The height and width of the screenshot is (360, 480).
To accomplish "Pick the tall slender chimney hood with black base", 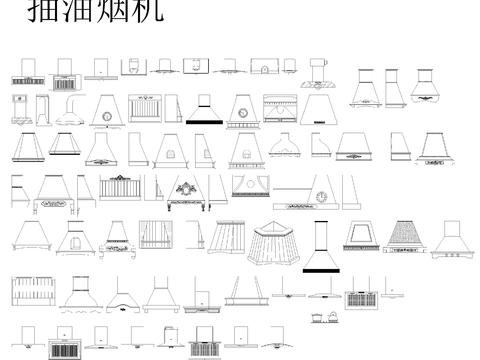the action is pyautogui.click(x=320, y=247).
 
